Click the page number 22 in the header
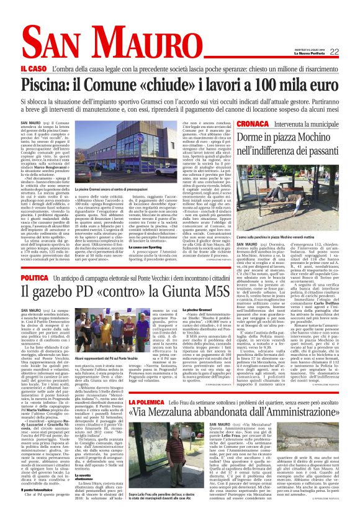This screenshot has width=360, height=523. click(x=350, y=52)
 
